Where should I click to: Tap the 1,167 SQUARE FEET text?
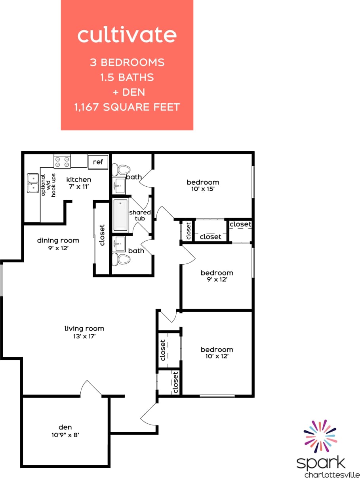point(127,107)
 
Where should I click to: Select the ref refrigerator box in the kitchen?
point(98,161)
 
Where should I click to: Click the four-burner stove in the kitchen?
point(62,161)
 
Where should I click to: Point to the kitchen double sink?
point(33,183)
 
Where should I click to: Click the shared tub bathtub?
point(120,215)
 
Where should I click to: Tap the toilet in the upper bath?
point(122,169)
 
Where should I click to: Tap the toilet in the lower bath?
point(122,260)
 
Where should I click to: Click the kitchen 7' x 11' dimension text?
point(79,187)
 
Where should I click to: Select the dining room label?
point(58,240)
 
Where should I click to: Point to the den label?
point(65,427)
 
